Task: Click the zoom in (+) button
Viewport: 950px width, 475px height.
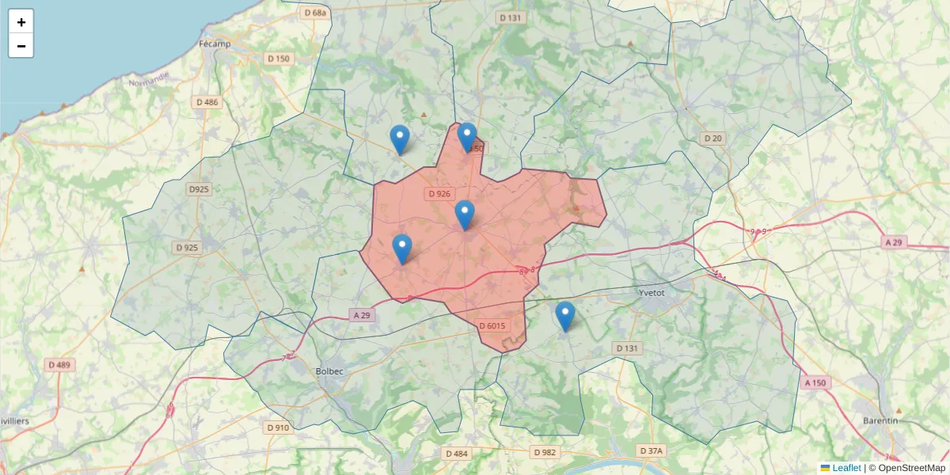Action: click(21, 22)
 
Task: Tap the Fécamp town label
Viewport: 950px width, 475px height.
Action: click(215, 44)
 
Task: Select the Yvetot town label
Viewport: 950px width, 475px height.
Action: click(652, 292)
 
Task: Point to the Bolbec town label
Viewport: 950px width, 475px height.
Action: click(329, 370)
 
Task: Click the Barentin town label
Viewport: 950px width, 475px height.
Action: click(880, 420)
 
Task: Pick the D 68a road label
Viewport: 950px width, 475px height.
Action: click(314, 13)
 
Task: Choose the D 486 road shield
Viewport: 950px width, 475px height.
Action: click(207, 102)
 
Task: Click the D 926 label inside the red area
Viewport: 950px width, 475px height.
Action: click(439, 193)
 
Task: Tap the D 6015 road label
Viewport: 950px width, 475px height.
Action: click(492, 325)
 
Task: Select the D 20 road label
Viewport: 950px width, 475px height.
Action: click(713, 139)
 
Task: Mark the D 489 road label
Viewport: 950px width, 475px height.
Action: click(59, 365)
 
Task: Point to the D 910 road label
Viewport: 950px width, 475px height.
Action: click(278, 427)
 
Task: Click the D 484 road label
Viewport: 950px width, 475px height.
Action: click(457, 454)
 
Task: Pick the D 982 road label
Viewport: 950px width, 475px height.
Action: click(545, 452)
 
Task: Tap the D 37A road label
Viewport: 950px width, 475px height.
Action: click(651, 450)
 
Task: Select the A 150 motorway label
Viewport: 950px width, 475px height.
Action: click(815, 382)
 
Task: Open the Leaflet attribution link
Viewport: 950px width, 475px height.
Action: click(846, 468)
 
